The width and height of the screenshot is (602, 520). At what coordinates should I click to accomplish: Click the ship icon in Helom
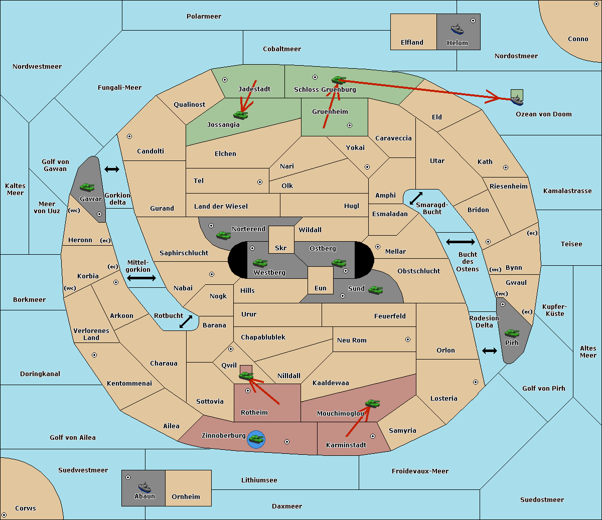click(457, 30)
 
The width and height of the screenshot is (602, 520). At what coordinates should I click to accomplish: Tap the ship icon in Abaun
click(145, 487)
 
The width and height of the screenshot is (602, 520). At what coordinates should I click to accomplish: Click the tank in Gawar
click(87, 187)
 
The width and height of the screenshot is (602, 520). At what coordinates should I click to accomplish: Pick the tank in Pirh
click(512, 333)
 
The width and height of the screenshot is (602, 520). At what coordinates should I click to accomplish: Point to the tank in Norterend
click(224, 235)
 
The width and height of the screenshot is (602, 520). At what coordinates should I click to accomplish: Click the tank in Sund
click(375, 290)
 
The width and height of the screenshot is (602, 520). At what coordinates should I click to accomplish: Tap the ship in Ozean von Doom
click(517, 100)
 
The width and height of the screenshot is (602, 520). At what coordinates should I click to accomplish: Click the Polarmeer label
click(204, 17)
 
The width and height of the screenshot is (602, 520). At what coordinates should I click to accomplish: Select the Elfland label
click(412, 43)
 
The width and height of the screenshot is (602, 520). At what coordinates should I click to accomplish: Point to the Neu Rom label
click(352, 340)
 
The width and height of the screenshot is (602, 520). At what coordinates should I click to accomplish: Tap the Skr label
click(281, 248)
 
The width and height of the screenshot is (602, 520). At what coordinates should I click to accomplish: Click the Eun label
click(321, 288)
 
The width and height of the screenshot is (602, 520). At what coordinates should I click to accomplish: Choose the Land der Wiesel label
click(221, 206)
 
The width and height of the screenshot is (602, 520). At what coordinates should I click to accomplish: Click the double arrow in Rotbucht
click(186, 321)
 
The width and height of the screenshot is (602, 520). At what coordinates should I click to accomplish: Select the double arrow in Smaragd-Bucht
click(416, 198)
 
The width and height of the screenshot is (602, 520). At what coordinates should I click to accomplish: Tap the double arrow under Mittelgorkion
click(141, 278)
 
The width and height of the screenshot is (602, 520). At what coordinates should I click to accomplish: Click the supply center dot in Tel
click(260, 182)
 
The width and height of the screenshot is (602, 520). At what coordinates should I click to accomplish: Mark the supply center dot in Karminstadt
click(373, 436)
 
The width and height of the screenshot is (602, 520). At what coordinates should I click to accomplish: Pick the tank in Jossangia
click(241, 115)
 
